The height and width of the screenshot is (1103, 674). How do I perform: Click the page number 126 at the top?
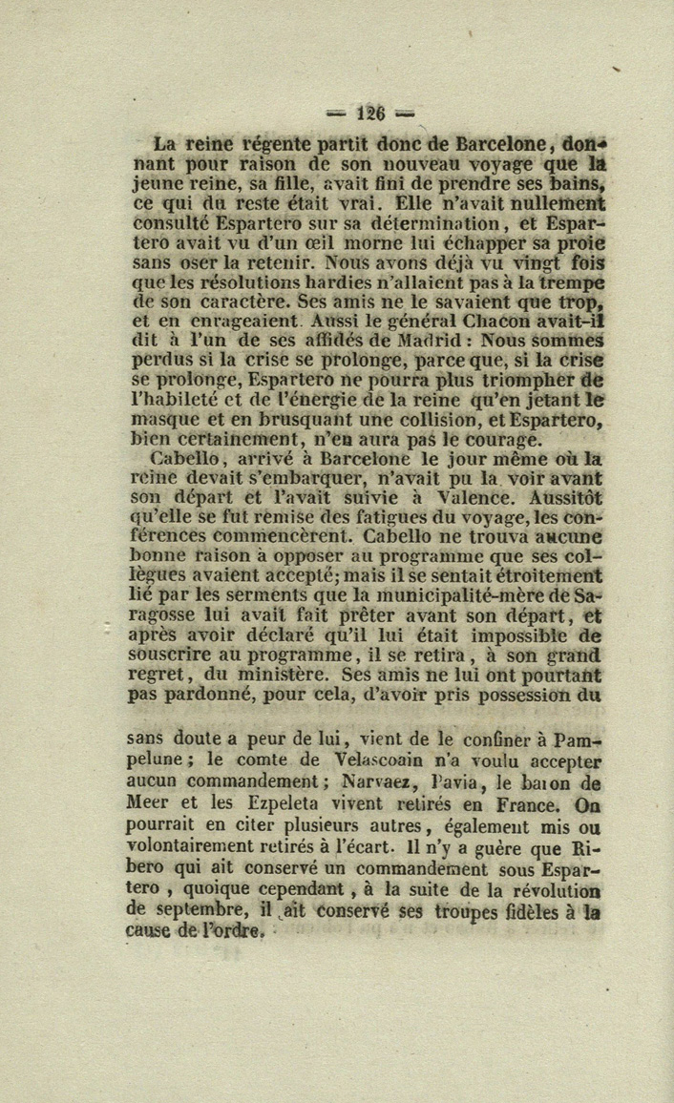click(370, 112)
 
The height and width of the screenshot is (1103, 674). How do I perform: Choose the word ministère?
click(284, 676)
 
